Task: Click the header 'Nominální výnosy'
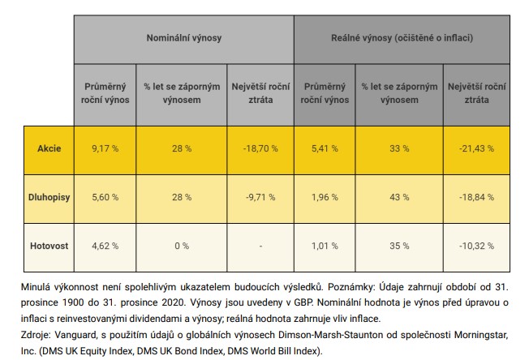tap(184, 38)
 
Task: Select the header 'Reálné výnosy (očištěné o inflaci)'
tap(402, 38)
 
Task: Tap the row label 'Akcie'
tap(49, 148)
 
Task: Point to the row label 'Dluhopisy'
tap(49, 197)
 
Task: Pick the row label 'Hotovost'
tap(49, 246)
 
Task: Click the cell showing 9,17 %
tap(105, 148)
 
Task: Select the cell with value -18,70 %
tap(260, 148)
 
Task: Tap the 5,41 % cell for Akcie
tap(325, 148)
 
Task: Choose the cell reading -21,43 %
tap(476, 148)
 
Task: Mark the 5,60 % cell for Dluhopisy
tap(105, 197)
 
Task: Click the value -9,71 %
tap(260, 197)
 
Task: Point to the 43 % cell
tap(399, 197)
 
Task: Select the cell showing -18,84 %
tap(476, 197)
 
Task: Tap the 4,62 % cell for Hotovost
tap(105, 246)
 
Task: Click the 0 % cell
tap(182, 246)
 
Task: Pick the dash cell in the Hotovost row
tap(260, 246)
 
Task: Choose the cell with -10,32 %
tap(476, 246)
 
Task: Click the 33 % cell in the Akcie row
tap(399, 148)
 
